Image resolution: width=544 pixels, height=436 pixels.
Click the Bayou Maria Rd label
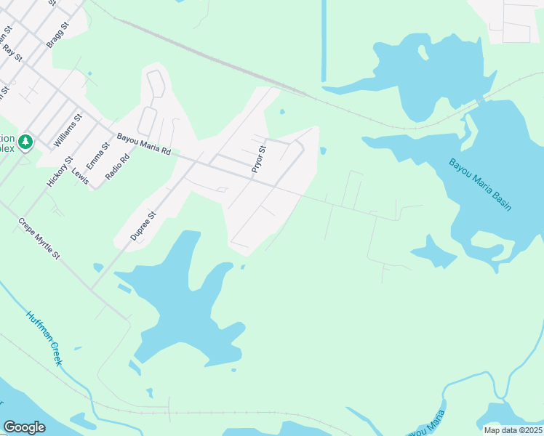click(x=144, y=143)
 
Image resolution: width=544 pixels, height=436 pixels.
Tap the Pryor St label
click(x=259, y=159)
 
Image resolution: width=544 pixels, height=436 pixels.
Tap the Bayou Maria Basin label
click(x=480, y=185)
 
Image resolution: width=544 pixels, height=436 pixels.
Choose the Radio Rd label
click(x=117, y=166)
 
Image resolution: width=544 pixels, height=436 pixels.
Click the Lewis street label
click(x=80, y=176)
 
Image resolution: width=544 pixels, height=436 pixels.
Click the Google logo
click(x=24, y=427)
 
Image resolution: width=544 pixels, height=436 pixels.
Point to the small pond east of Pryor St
click(x=323, y=151)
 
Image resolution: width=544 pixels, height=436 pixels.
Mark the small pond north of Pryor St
click(x=281, y=112)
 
